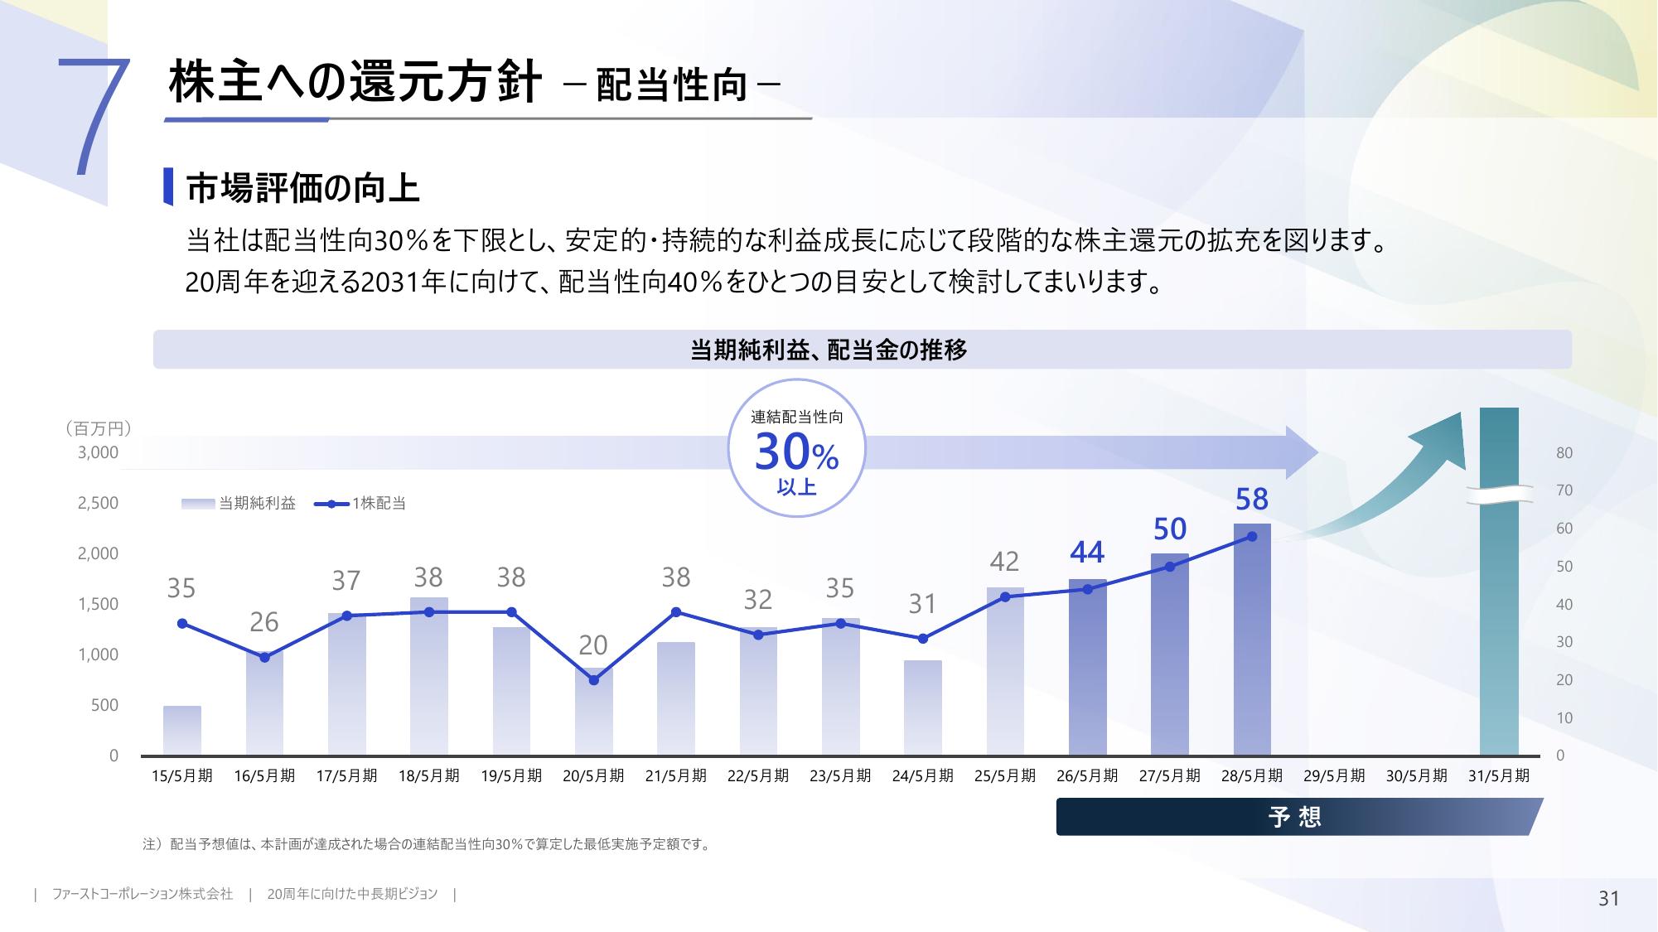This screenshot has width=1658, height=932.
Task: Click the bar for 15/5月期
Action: (181, 730)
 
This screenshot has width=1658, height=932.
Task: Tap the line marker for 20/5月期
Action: (593, 680)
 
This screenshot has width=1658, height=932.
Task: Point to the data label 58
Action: (1251, 500)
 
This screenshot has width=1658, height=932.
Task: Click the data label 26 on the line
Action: (264, 622)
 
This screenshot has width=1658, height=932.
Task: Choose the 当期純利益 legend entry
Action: (239, 504)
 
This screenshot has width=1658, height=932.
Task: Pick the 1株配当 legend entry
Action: (360, 504)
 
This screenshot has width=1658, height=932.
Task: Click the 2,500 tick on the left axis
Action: (98, 503)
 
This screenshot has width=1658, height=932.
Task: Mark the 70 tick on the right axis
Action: (1564, 490)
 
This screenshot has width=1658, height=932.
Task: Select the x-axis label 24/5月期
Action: (922, 776)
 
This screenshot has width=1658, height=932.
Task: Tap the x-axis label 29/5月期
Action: (1333, 776)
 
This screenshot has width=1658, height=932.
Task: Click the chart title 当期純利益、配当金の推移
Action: (829, 350)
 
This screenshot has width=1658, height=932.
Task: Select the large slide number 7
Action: (93, 116)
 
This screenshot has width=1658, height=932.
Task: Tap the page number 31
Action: (1608, 899)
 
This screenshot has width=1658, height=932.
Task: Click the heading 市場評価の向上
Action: (302, 189)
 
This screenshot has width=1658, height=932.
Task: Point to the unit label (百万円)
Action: (98, 428)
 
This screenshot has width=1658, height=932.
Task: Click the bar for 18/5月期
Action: (428, 675)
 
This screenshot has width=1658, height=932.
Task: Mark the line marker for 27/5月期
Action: (1169, 567)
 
